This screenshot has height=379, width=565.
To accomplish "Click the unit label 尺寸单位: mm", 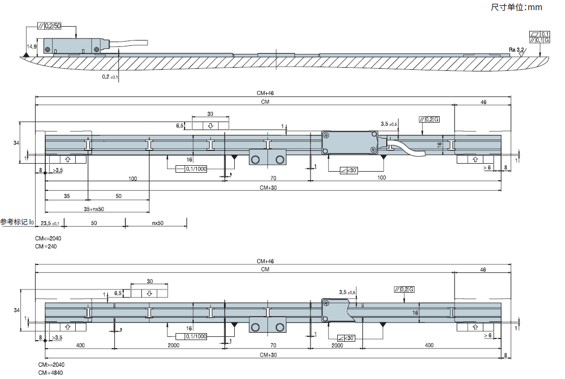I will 516,7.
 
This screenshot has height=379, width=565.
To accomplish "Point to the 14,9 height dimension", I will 31,47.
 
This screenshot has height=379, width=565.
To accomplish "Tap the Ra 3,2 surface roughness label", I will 516,49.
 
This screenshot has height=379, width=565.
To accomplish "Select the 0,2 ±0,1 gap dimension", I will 110,77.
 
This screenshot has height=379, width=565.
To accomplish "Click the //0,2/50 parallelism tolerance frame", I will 50,26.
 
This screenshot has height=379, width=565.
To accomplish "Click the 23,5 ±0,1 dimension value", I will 50,222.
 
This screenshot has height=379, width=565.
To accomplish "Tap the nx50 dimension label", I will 157,222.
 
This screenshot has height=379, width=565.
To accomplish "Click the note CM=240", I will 46,246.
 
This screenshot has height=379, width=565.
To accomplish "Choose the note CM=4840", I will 49,373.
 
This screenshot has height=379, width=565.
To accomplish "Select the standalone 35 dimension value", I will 66,196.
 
